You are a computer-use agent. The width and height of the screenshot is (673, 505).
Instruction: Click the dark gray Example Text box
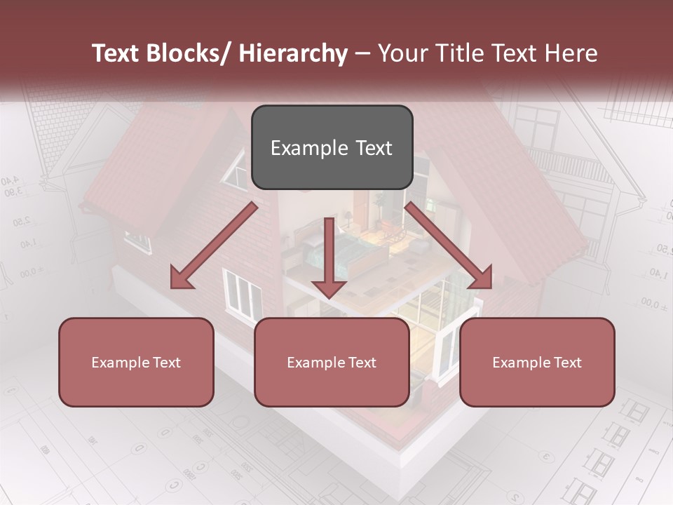coord(332,147)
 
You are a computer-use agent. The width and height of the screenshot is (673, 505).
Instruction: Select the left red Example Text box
coord(136,362)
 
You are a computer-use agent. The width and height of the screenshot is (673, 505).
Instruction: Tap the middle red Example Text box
coord(332,362)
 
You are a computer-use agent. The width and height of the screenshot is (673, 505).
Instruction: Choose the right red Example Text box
coord(537,362)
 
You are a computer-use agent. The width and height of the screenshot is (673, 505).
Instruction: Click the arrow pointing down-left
coord(214,245)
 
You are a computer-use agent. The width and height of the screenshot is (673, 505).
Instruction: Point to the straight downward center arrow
coord(329,256)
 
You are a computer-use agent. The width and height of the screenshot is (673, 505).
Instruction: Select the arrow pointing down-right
coord(449,245)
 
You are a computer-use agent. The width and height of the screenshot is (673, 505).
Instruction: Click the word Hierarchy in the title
coord(293,53)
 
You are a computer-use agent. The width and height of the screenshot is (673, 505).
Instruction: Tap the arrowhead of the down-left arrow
coord(181,278)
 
